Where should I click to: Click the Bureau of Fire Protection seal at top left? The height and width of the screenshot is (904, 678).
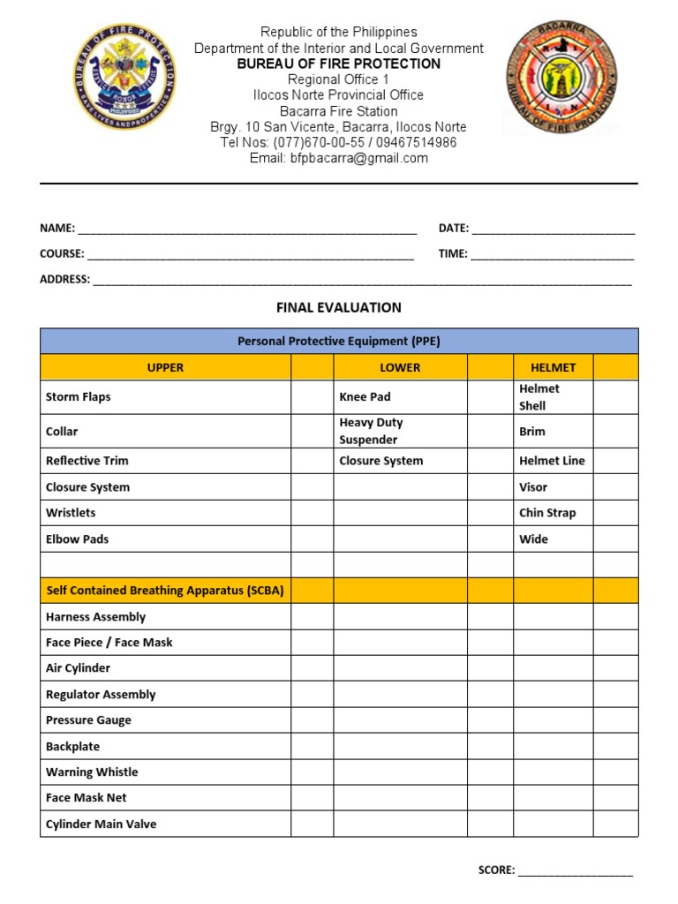point(124,77)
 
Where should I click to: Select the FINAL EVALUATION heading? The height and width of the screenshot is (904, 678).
point(338,307)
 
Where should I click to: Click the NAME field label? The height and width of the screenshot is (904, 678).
point(57,228)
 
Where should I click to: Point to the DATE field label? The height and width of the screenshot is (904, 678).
point(454,228)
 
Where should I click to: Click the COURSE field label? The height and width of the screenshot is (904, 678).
point(62,253)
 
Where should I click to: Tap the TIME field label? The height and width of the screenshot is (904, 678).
point(453,253)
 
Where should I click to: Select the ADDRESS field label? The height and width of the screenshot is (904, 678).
point(64,279)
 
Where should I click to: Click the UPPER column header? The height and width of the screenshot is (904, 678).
point(165,367)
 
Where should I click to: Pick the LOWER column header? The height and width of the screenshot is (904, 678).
point(400,367)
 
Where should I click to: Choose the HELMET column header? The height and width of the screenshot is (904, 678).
point(553,367)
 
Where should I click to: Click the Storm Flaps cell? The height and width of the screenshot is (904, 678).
point(79,396)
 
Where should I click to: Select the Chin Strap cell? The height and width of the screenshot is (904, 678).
point(547,512)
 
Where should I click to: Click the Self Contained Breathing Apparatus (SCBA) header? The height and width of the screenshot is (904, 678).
point(165,590)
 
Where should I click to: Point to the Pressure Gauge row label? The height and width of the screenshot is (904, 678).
point(88,719)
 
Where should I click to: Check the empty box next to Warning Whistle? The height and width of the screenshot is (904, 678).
point(311,772)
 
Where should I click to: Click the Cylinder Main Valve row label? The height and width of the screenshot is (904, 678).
point(101,824)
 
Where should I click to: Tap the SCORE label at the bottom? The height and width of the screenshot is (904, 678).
point(496,870)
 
